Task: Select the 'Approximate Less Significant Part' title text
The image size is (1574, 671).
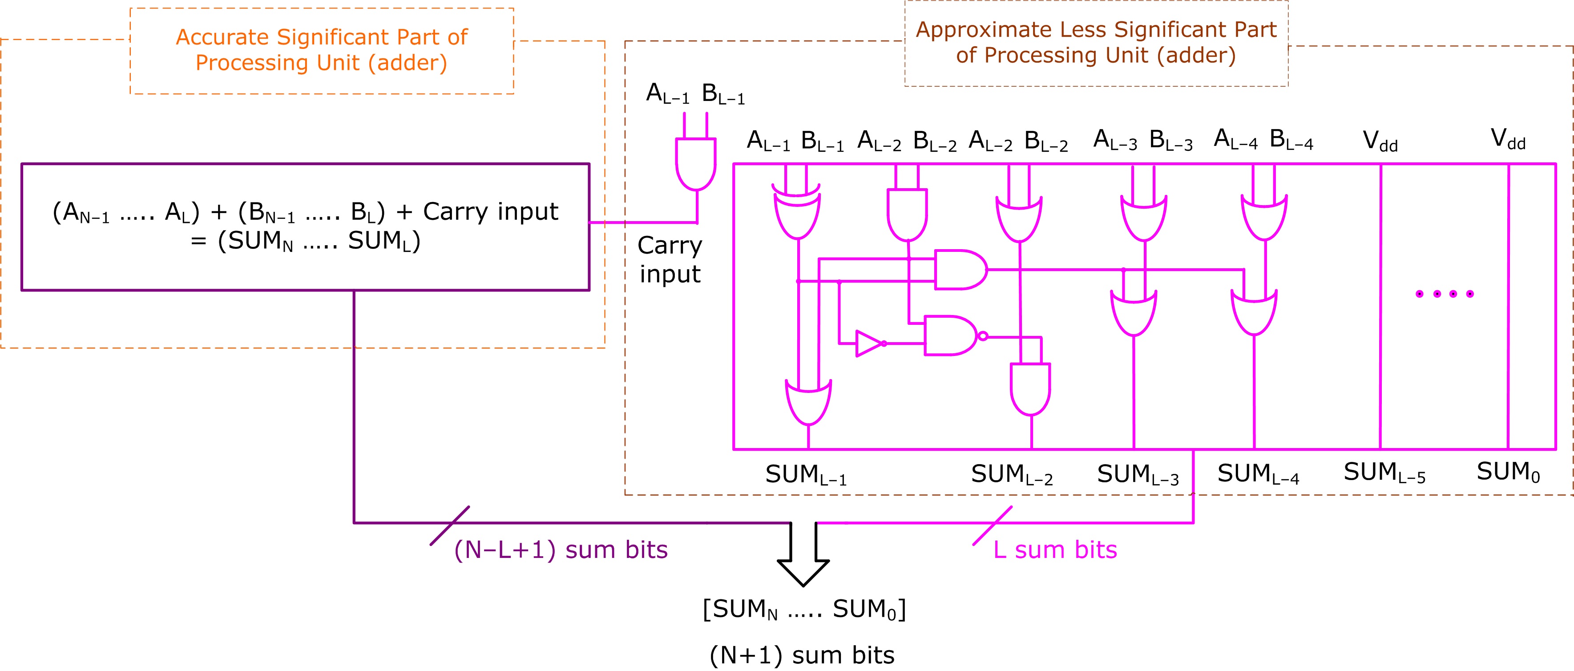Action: tap(1096, 42)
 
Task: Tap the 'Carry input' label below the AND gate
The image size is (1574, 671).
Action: tap(670, 259)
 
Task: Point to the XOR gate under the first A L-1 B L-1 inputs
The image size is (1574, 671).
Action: tap(797, 215)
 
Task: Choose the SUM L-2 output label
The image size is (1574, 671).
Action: tap(1012, 475)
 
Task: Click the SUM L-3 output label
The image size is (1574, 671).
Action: tap(1138, 475)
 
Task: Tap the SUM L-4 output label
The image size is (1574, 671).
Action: tap(1258, 474)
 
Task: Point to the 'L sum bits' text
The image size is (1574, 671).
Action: tap(1055, 550)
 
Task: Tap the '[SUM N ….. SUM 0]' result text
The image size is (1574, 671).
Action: tap(804, 609)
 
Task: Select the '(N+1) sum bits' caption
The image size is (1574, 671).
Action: tap(802, 655)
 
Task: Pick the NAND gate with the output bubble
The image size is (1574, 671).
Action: tap(952, 335)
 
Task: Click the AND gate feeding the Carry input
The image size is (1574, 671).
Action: tap(695, 163)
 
